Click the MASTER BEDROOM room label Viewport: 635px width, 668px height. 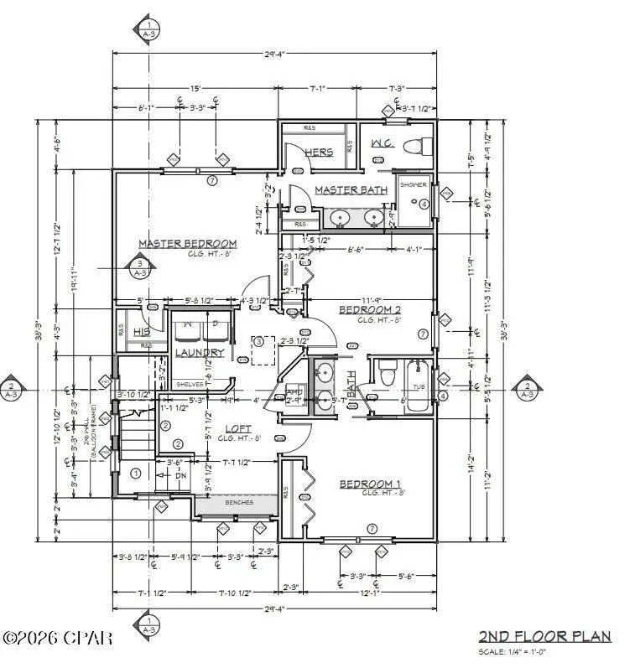(187, 244)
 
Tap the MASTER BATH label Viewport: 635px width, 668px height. (351, 190)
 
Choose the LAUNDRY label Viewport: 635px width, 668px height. (200, 353)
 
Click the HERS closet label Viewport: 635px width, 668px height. (319, 153)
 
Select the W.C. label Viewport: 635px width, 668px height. (383, 143)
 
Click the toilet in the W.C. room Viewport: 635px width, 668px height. (411, 148)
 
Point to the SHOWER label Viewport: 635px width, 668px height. (412, 184)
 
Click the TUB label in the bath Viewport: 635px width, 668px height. (417, 387)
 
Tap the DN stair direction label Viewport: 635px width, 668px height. (180, 475)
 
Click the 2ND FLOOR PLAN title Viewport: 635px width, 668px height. (544, 636)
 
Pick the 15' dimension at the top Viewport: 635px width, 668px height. (195, 87)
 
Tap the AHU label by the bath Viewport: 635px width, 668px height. (294, 391)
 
